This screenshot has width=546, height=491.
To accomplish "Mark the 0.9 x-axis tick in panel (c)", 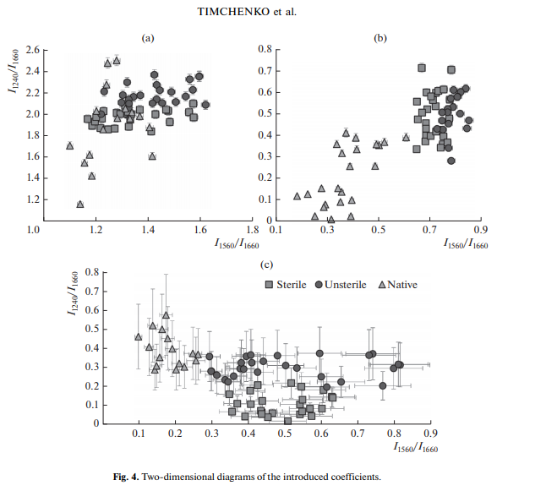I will [430, 434].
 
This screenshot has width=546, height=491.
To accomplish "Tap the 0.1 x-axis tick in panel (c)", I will [139, 434].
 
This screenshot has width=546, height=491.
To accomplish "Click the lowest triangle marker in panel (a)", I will [80, 204].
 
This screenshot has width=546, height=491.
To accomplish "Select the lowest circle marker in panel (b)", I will [451, 161].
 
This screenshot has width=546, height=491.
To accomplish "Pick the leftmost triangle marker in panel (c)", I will [139, 337].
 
